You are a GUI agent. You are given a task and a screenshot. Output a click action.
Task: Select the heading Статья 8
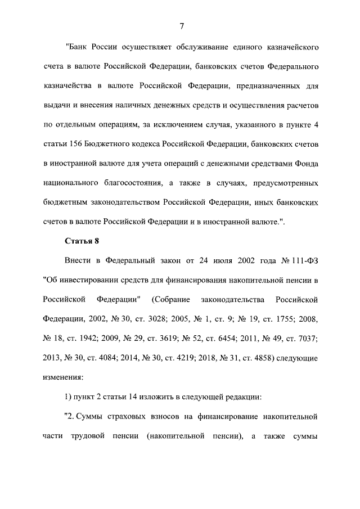coord(82,241)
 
